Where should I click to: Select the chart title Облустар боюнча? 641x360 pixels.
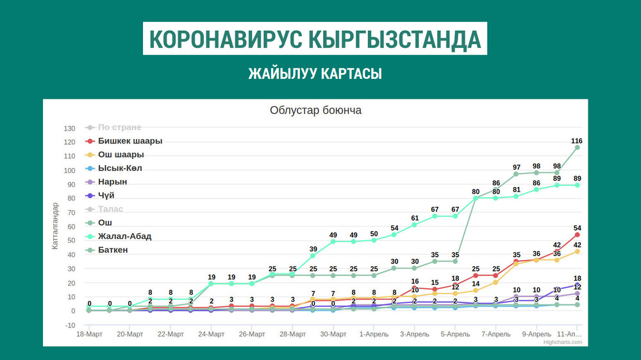pos(316,110)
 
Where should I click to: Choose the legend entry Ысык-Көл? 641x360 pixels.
pos(120,168)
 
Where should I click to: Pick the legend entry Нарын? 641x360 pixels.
pos(112,182)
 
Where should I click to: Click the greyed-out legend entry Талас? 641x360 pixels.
pos(110,209)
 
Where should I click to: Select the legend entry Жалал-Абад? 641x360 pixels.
pos(124,236)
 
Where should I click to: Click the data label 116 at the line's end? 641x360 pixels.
pos(577,140)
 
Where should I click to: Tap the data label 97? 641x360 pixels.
pos(517,167)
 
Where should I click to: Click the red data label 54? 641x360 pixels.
pos(577,228)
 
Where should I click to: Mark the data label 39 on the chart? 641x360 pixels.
pos(313,249)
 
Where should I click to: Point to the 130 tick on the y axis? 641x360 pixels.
pos(70,128)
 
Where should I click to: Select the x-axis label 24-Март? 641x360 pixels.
pos(211,334)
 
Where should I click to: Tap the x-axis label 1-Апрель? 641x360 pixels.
pos(374,334)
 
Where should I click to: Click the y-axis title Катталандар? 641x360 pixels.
pos(55,225)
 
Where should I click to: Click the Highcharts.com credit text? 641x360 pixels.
pos(563,342)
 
